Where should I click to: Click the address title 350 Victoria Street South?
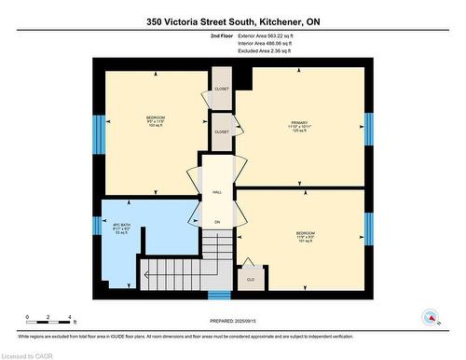(232, 21)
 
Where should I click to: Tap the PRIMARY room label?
(298, 125)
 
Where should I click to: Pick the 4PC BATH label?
(119, 228)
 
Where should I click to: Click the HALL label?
(217, 191)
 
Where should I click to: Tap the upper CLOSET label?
(222, 89)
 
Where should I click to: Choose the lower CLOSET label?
(222, 132)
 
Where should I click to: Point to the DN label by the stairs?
(217, 222)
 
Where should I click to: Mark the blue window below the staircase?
(219, 297)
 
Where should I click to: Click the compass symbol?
(431, 315)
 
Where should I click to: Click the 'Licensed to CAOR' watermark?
(28, 353)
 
